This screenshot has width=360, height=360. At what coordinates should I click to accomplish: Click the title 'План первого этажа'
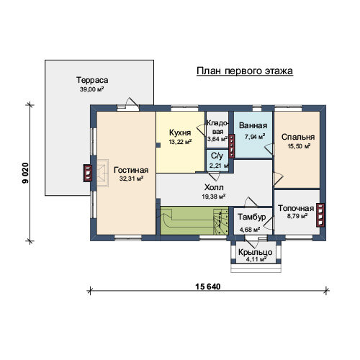point(245,71)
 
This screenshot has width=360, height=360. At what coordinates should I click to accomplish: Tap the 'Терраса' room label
point(92,80)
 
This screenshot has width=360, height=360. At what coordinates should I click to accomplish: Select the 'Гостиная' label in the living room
point(131,170)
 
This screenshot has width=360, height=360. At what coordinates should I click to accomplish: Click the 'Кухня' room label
point(180,132)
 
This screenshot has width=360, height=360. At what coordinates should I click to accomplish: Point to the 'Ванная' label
point(253,125)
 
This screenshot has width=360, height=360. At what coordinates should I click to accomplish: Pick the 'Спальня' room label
point(298,137)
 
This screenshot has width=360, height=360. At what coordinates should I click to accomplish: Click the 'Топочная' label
point(296,208)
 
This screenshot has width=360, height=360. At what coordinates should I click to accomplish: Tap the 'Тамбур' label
point(252,217)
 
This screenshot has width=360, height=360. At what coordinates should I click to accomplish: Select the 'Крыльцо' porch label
point(256,252)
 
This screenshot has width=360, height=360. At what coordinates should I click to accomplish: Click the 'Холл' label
point(214,187)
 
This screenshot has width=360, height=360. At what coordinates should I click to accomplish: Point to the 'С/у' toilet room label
point(217,156)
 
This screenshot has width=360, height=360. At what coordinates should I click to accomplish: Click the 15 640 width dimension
point(208,287)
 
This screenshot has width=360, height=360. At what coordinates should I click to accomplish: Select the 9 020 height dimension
point(25,173)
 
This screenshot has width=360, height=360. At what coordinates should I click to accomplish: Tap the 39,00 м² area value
point(91,89)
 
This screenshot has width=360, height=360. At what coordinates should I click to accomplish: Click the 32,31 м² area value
point(132,179)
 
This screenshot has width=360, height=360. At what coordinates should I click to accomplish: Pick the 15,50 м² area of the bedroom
point(299,146)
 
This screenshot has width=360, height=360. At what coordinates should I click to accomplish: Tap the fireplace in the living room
point(102,173)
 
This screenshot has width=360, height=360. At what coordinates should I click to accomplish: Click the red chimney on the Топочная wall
point(320,215)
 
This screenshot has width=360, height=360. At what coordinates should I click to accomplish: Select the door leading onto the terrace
point(127,107)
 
